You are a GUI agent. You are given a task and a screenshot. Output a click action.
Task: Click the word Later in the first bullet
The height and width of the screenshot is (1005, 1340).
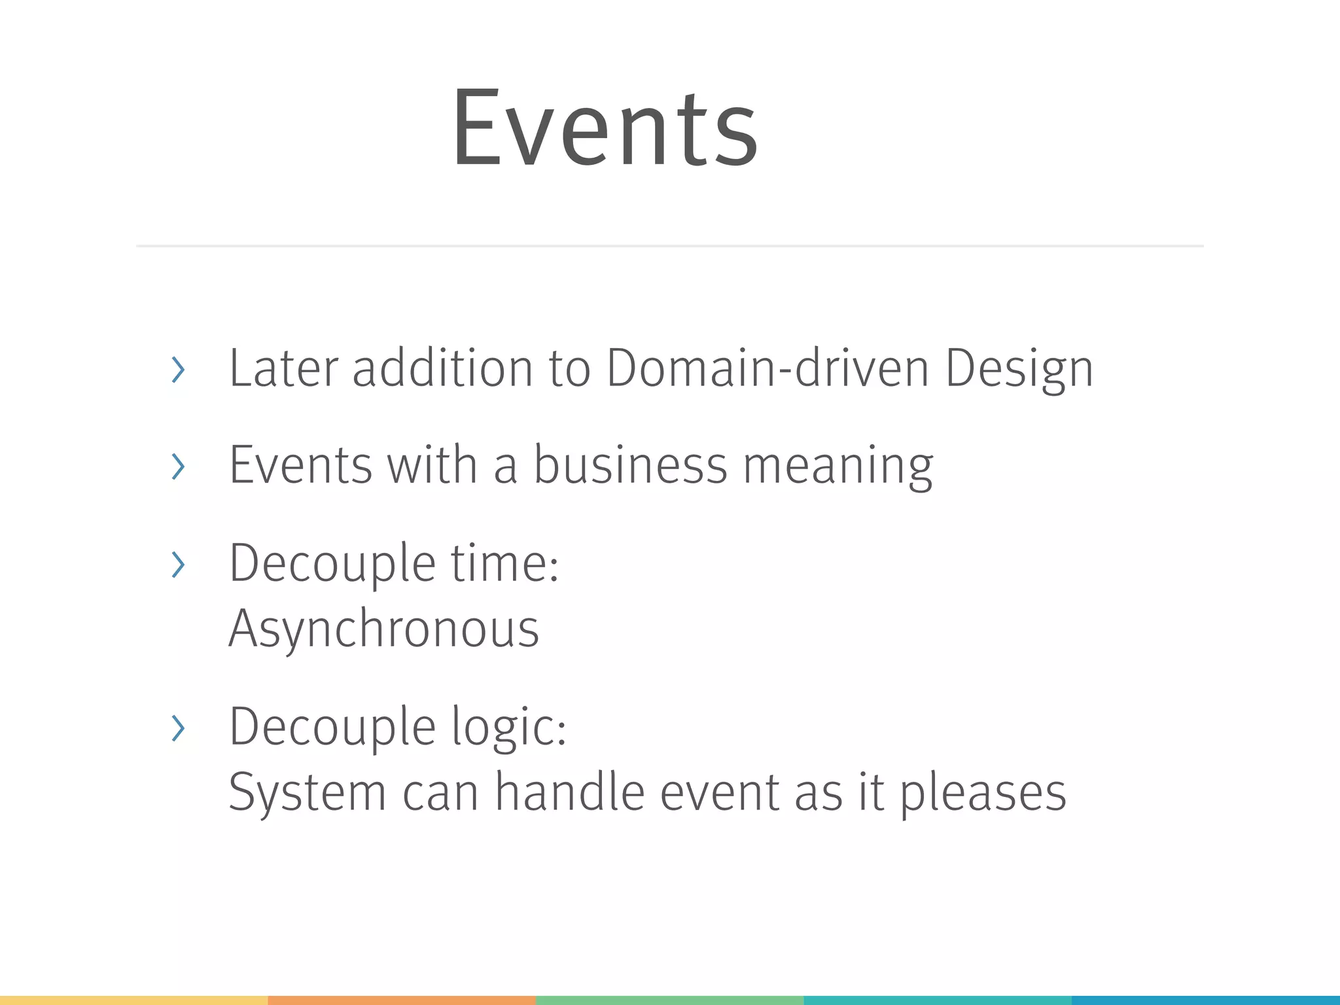click(283, 368)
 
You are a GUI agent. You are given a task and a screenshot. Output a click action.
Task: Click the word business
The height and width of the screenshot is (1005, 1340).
click(630, 465)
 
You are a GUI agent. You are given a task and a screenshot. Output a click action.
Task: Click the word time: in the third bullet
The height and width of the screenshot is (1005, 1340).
click(504, 563)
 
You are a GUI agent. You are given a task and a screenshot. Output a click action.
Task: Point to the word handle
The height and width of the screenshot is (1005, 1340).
click(570, 792)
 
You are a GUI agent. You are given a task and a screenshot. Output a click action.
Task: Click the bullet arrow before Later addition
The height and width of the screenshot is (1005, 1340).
click(177, 370)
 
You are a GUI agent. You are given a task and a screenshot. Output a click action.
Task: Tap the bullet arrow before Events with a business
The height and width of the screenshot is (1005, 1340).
click(177, 467)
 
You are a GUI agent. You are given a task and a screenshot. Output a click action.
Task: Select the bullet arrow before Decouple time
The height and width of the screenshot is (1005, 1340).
click(177, 565)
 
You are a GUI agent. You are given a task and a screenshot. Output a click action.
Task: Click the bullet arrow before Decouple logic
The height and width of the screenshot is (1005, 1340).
click(177, 728)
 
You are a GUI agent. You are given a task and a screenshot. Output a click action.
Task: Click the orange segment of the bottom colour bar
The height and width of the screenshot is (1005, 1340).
click(402, 1000)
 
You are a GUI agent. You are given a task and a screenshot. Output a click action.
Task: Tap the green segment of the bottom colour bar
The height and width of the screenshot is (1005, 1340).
click(669, 1000)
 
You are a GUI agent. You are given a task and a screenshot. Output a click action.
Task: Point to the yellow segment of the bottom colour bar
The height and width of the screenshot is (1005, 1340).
click(133, 1000)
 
